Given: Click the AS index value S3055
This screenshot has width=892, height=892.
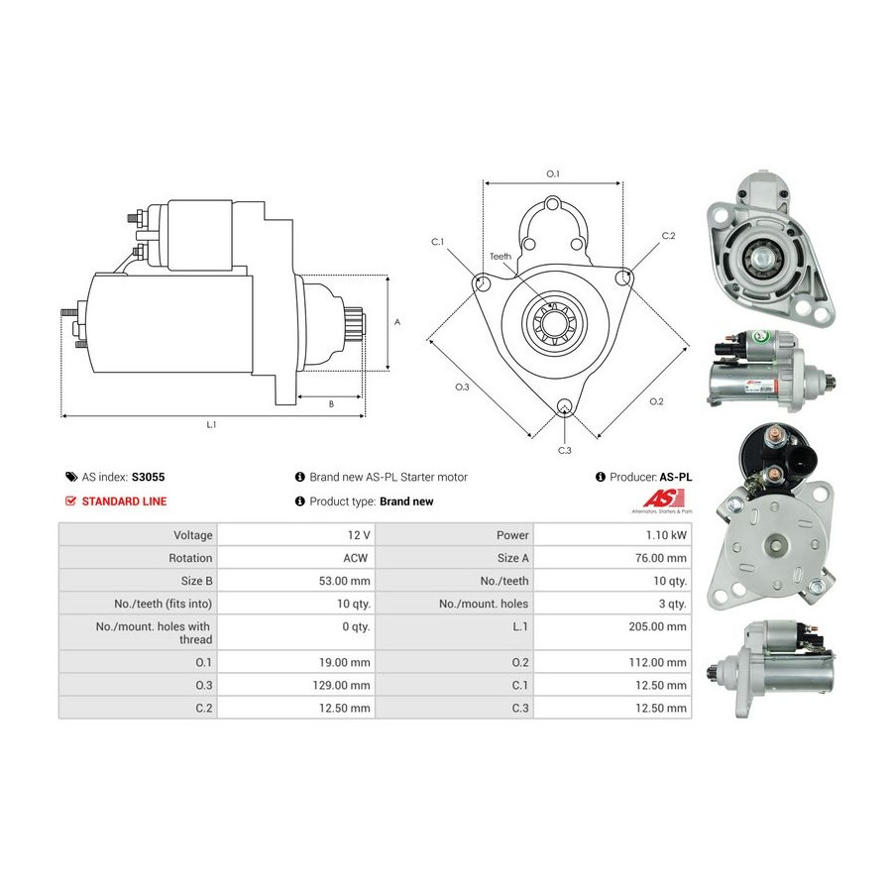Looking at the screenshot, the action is (x=148, y=477).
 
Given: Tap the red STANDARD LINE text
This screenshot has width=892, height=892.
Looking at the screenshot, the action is (x=124, y=502).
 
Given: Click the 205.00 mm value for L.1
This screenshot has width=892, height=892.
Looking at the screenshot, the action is (x=658, y=626).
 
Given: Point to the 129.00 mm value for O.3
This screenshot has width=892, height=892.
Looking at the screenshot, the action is (x=341, y=685).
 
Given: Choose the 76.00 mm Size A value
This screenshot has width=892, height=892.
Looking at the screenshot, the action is (x=661, y=558).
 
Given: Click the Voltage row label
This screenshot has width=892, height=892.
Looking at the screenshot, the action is (x=193, y=535).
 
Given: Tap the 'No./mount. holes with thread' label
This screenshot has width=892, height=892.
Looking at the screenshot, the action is (x=154, y=632).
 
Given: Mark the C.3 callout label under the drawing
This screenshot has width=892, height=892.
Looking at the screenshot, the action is (x=564, y=451).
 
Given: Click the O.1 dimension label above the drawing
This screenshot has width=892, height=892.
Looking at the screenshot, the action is (x=553, y=173).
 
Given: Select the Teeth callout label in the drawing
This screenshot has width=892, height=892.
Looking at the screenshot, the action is (x=501, y=257).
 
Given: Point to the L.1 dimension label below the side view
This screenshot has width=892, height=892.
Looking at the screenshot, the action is (x=211, y=424).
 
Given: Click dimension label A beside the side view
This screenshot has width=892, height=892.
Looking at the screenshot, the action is (x=397, y=322).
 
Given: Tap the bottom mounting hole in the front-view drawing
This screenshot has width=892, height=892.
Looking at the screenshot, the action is (x=564, y=405).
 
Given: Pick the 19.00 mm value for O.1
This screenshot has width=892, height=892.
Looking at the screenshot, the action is (x=345, y=662).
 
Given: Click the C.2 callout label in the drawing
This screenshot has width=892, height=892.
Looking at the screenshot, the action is (x=668, y=236).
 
